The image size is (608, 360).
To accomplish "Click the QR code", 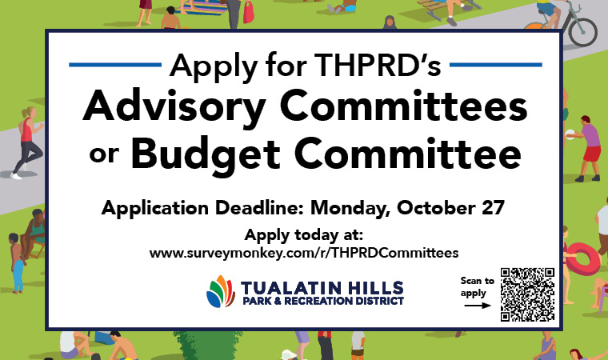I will (x=527, y=294).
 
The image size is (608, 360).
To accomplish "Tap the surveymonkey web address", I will (x=304, y=252).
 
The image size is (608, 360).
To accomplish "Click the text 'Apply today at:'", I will (x=303, y=235).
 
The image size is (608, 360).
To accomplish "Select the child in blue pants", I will (x=16, y=263).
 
